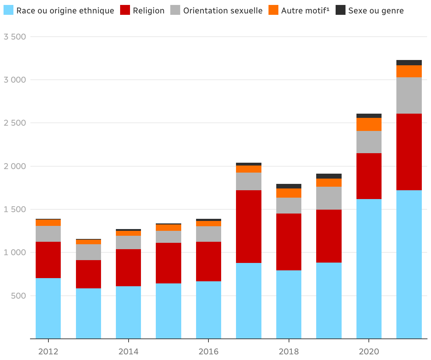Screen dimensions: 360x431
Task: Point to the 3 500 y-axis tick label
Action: tap(14, 37)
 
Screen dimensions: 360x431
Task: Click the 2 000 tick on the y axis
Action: tap(14, 166)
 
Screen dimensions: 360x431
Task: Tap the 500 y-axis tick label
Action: tap(18, 296)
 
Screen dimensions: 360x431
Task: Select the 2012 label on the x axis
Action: tap(48, 352)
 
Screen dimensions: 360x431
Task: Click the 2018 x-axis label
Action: tap(289, 352)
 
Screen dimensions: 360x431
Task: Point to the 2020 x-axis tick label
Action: tap(369, 352)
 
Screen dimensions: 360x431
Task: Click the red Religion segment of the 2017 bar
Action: tap(249, 227)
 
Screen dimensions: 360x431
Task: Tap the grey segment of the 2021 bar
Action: tap(409, 95)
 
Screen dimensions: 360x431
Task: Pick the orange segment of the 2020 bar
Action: tap(369, 124)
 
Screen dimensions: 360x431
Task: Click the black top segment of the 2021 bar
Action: tap(409, 62)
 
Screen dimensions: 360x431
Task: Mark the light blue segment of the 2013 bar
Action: tap(88, 313)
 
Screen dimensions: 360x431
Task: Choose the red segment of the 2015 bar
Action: tap(169, 263)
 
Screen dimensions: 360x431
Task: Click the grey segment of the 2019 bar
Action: tap(329, 198)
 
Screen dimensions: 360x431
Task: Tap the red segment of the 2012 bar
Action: tap(48, 260)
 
